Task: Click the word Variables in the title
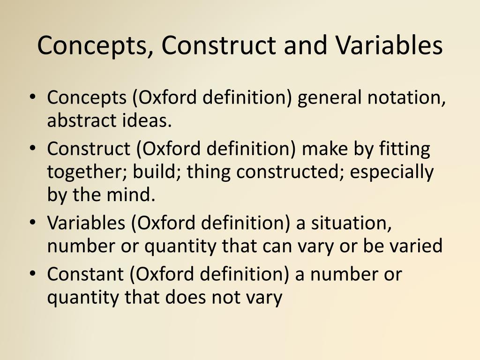[389, 46]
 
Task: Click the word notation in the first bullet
[404, 97]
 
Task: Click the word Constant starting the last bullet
[87, 274]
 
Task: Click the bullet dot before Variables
[31, 224]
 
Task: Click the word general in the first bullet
[330, 97]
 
